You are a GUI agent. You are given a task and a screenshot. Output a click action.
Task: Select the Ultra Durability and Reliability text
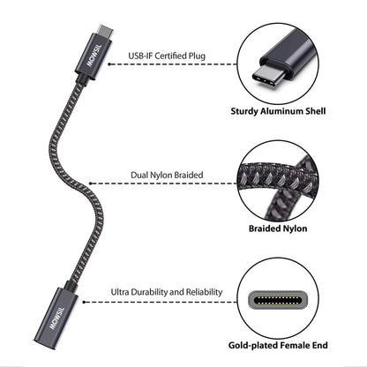[166, 292]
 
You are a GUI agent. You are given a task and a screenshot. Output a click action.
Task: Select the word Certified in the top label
[169, 56]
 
